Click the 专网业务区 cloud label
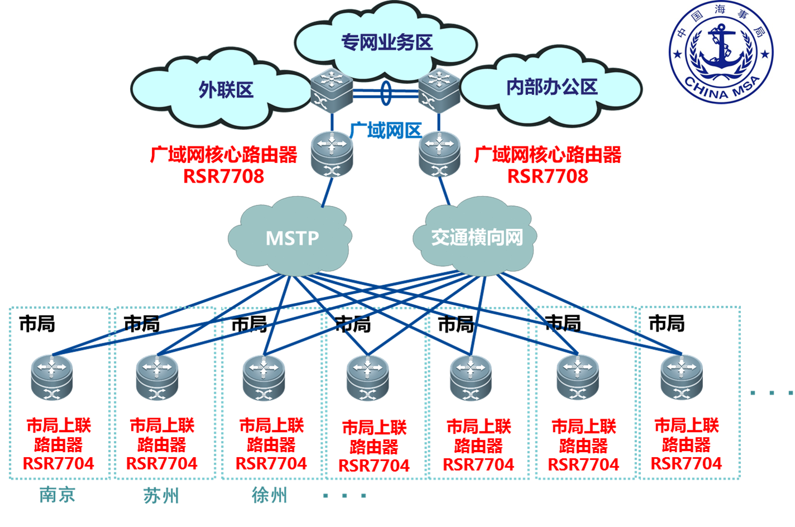pyautogui.click(x=387, y=42)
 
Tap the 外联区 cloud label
pyautogui.click(x=226, y=90)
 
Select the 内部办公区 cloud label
pyautogui.click(x=552, y=87)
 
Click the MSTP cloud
pyautogui.click(x=292, y=238)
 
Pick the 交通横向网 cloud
pyautogui.click(x=477, y=237)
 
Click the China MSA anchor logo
pyautogui.click(x=721, y=52)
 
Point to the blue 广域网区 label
pyautogui.click(x=385, y=131)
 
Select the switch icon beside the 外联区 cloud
pyautogui.click(x=332, y=89)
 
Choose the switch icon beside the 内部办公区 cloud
pyautogui.click(x=439, y=89)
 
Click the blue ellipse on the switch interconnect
pyautogui.click(x=386, y=92)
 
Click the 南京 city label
pyautogui.click(x=58, y=495)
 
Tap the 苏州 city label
pyautogui.click(x=161, y=495)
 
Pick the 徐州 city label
pyautogui.click(x=270, y=495)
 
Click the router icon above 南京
pyautogui.click(x=52, y=377)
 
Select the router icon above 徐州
pyautogui.click(x=264, y=377)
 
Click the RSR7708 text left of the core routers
pyautogui.click(x=224, y=176)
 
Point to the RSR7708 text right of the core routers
pyautogui.click(x=548, y=176)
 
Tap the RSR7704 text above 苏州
pyautogui.click(x=162, y=463)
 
